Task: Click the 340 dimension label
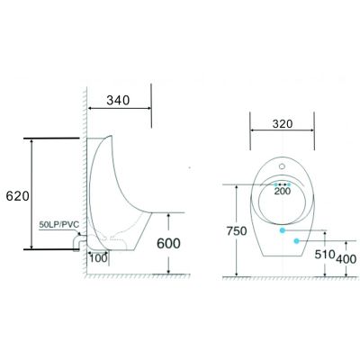point(118,100)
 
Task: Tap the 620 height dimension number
point(18,196)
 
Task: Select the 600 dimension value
point(168,243)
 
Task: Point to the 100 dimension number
point(98,258)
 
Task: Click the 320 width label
point(283,123)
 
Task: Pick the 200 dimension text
point(283,191)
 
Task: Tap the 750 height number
point(237,231)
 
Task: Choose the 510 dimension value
point(325,255)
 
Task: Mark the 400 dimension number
point(346,259)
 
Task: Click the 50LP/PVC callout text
point(58,224)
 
